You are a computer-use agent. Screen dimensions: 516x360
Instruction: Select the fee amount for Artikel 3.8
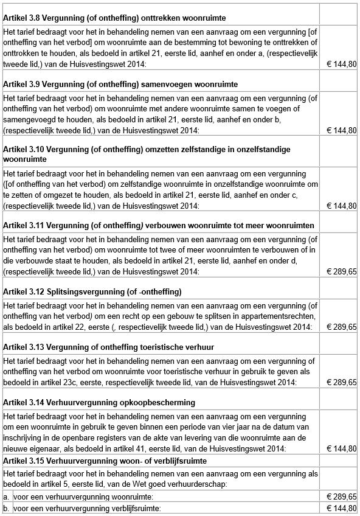click(341, 63)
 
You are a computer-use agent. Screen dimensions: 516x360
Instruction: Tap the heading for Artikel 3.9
click(120, 84)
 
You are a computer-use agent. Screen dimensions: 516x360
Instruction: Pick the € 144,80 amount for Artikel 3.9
click(341, 130)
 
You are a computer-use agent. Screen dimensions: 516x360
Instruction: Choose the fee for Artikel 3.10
click(341, 206)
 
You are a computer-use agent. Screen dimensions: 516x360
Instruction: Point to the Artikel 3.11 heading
click(158, 225)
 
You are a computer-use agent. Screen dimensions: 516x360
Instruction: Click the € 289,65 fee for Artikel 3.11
click(341, 271)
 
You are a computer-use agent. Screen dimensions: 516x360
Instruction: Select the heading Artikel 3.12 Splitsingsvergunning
click(92, 292)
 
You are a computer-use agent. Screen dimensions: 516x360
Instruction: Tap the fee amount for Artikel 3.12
click(341, 327)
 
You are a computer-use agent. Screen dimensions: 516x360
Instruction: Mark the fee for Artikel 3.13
click(341, 383)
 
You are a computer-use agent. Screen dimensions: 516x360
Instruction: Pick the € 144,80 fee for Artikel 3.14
click(341, 449)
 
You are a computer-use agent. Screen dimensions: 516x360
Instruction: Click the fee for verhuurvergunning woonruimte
click(341, 497)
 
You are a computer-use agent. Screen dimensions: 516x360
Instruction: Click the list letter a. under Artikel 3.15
click(6, 497)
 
